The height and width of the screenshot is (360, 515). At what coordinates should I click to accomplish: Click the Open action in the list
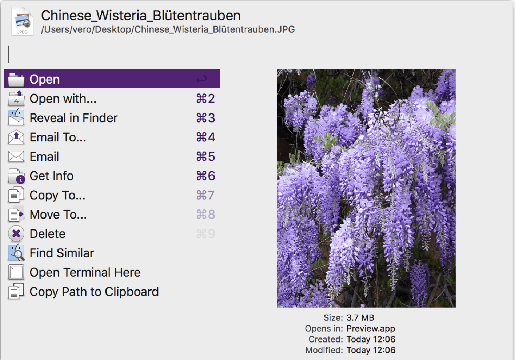tap(45, 79)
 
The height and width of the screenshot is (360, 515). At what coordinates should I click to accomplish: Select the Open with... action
tap(63, 99)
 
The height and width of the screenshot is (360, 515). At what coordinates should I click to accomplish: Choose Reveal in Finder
tap(73, 118)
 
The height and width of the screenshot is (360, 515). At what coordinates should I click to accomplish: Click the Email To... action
tap(58, 137)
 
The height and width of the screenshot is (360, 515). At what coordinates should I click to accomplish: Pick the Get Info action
tap(52, 176)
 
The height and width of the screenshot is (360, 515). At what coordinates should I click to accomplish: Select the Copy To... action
tap(57, 195)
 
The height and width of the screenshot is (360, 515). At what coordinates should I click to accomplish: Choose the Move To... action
tap(58, 215)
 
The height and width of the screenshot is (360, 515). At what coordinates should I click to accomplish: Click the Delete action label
tap(48, 234)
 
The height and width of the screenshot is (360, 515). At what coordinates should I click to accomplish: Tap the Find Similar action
tap(62, 253)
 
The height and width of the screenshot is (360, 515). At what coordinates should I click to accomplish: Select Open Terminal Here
tap(85, 272)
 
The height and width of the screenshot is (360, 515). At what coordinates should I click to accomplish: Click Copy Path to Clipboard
tap(94, 292)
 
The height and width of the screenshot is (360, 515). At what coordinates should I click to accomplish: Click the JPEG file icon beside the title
tap(22, 21)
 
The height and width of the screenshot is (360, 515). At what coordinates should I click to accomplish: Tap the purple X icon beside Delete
tap(16, 233)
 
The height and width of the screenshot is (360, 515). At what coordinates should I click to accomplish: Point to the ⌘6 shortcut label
tap(206, 176)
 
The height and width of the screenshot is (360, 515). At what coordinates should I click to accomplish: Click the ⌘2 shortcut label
tap(206, 99)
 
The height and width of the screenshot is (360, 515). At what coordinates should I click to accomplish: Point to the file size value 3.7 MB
tap(360, 318)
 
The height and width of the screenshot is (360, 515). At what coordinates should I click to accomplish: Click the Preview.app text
tap(371, 328)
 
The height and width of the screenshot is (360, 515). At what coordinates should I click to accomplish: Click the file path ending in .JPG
tap(168, 29)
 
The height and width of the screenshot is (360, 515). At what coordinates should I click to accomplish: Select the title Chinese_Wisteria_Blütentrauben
tap(141, 15)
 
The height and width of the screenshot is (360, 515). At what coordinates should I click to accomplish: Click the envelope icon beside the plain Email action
tap(16, 157)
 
